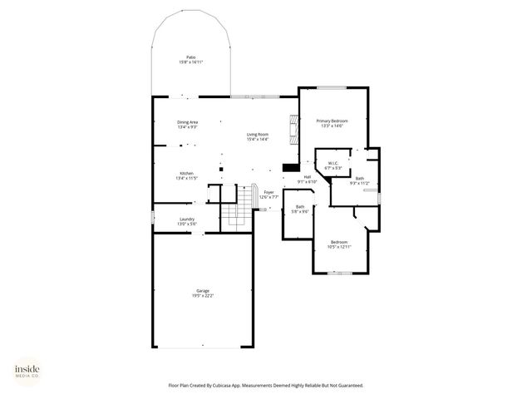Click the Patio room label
point(190,57)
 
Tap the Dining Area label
point(187,122)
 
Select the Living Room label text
point(257,134)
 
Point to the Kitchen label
point(187,173)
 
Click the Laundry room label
point(187,219)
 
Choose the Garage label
point(202,290)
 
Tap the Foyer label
point(268,192)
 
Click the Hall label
point(307,176)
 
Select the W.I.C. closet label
point(332,163)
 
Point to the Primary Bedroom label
point(332,121)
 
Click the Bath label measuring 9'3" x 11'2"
point(359,178)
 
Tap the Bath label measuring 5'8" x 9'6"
point(300,206)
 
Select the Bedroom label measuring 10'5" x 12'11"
point(339,242)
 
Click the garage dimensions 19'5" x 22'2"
point(202,295)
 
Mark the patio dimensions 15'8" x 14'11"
point(190,62)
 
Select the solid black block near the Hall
point(290,165)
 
